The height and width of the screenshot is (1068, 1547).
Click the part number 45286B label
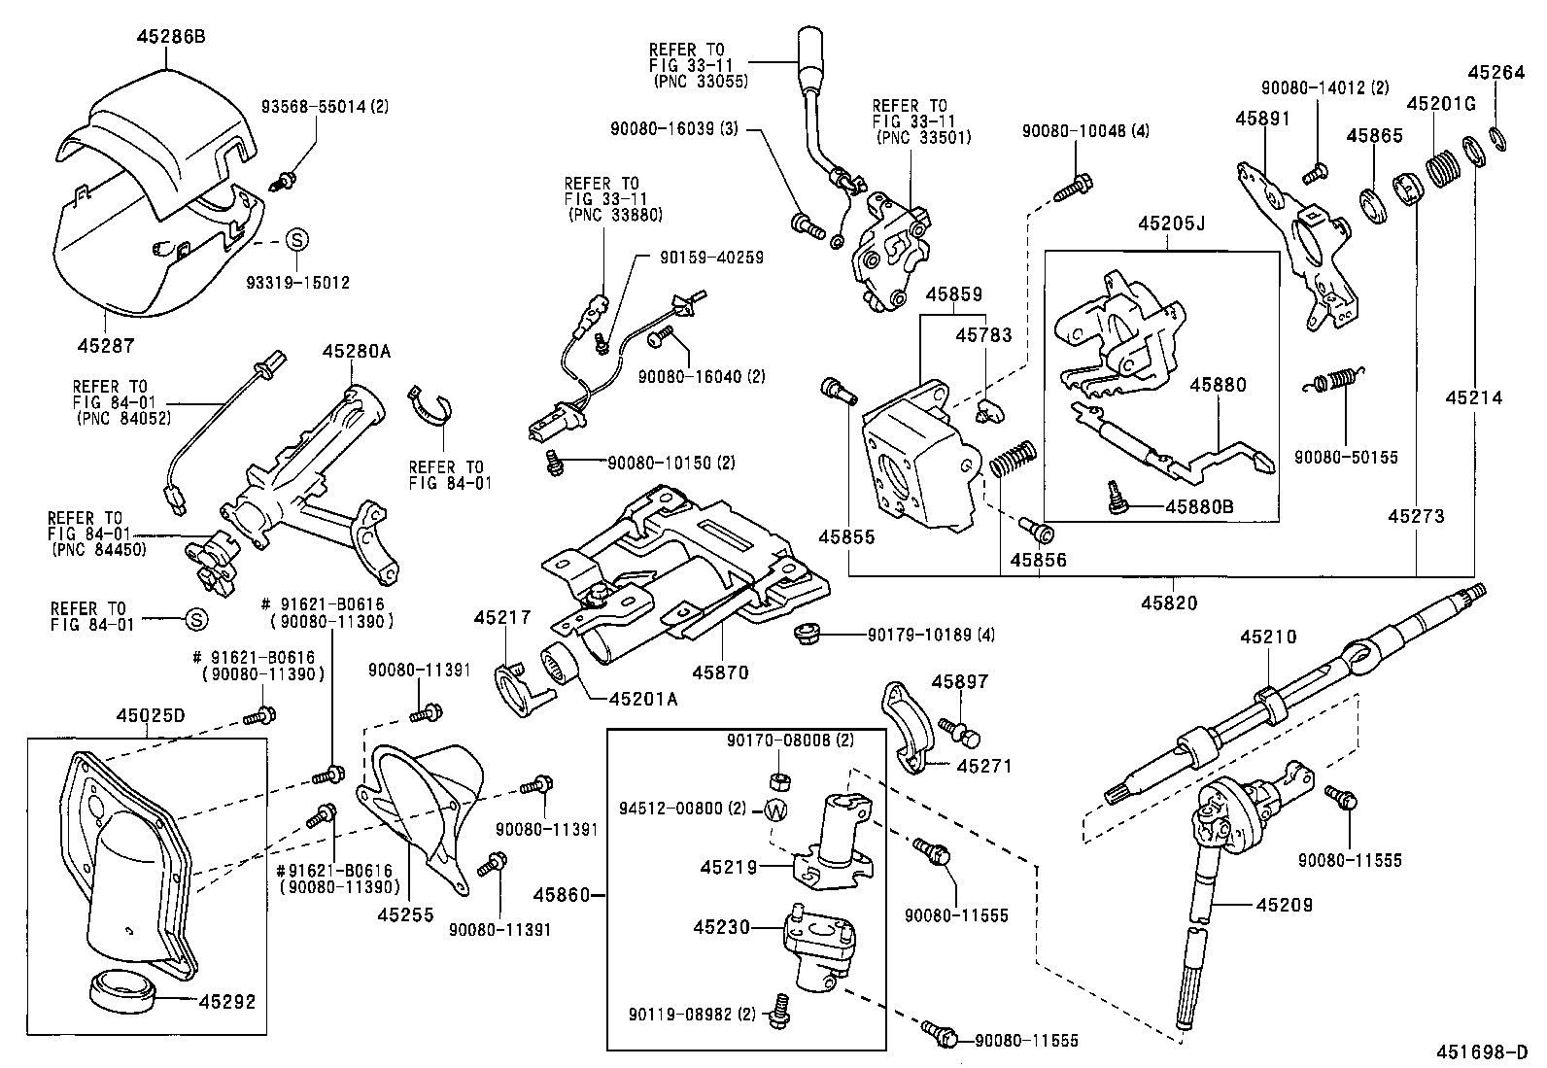171,36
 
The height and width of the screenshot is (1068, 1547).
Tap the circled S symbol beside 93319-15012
297,240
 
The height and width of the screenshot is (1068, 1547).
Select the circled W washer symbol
777,810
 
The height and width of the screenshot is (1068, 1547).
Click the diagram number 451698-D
1482,1052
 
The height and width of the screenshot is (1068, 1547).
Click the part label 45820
1169,603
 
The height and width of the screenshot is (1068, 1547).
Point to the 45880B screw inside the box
1115,499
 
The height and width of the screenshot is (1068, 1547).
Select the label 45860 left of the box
562,895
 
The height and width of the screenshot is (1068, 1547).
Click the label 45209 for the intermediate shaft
1284,905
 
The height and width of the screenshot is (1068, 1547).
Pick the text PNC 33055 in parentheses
701,82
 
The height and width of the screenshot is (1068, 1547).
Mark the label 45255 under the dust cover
405,914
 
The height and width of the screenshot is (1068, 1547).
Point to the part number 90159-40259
711,258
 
